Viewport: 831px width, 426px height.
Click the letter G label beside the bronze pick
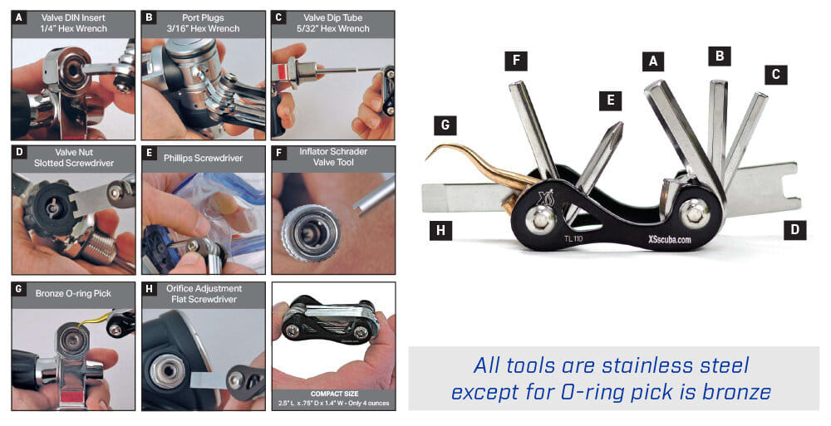[445, 125]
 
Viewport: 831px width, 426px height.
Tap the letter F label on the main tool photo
[516, 60]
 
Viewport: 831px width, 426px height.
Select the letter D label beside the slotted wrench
[794, 229]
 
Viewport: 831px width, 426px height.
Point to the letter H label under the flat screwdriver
[440, 231]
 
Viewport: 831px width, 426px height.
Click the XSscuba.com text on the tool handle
[669, 239]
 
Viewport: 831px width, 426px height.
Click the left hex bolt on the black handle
[539, 217]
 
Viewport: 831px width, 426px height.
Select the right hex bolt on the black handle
[694, 213]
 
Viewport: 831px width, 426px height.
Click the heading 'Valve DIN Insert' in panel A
[74, 17]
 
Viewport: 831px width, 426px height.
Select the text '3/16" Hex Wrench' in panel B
[203, 28]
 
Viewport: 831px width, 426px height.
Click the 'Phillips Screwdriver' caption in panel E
[203, 158]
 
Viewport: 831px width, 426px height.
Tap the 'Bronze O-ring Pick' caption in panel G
[73, 293]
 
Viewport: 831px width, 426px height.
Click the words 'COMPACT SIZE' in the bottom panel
[334, 394]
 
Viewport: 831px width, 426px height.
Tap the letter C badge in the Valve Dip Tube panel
[278, 17]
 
